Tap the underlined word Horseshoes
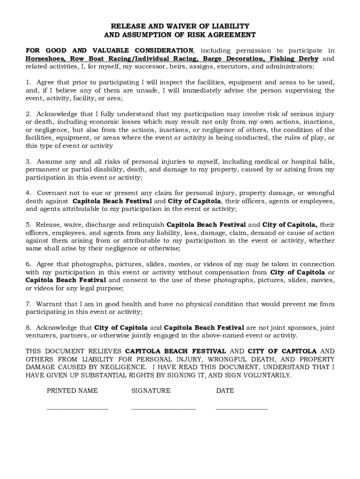45,58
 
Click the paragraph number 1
28,82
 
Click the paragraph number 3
28,162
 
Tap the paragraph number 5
28,225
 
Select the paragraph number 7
28,304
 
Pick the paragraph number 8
28,327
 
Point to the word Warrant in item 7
49,304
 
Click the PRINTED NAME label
72,391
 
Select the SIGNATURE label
151,391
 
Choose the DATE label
225,391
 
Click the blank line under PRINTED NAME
77,408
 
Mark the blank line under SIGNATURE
164,408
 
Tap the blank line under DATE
242,408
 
